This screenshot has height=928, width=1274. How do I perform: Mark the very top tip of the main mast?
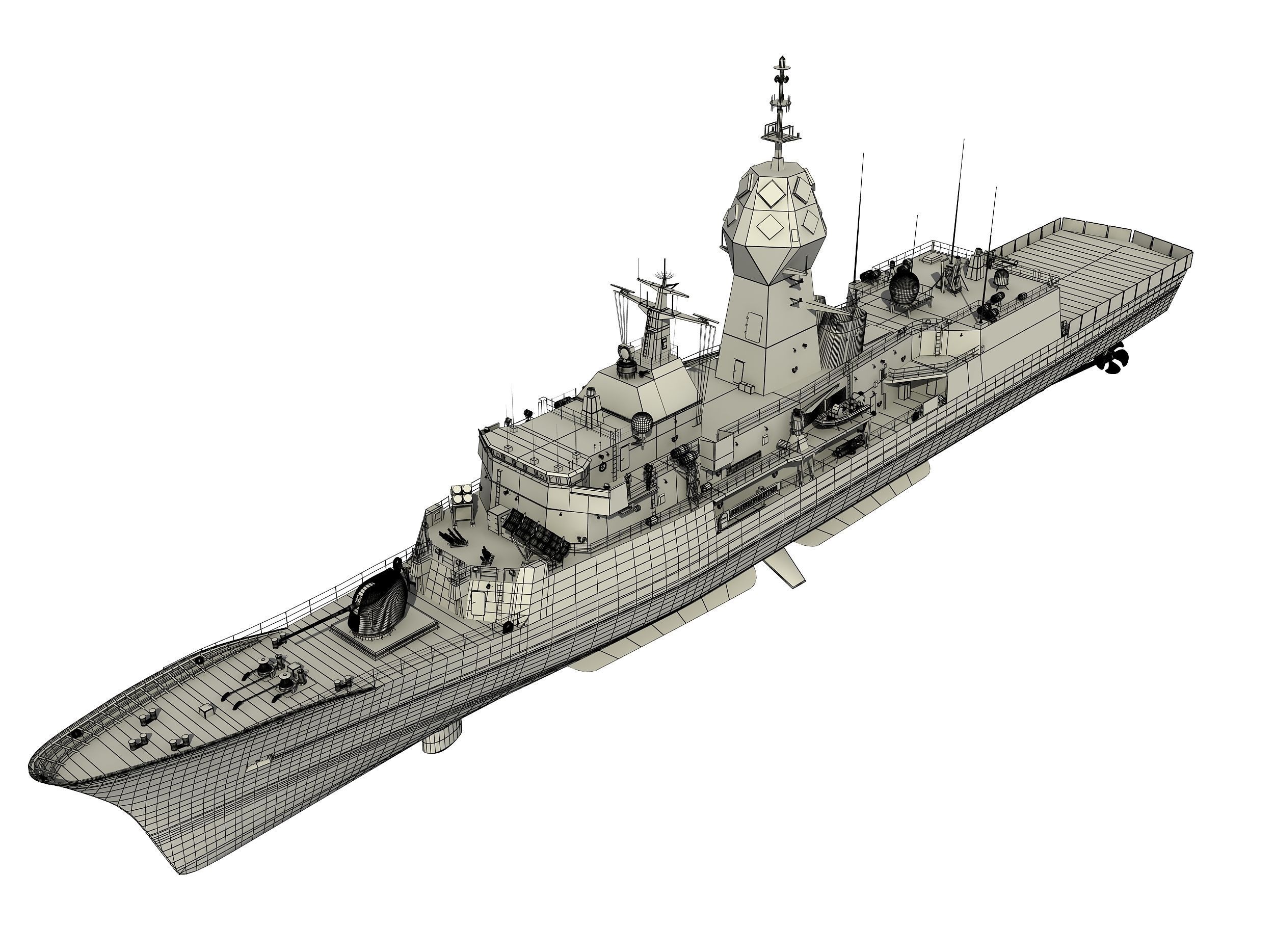(781, 58)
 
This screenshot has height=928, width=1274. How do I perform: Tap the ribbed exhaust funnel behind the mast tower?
(840, 337)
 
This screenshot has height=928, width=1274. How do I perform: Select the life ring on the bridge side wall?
(603, 466)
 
